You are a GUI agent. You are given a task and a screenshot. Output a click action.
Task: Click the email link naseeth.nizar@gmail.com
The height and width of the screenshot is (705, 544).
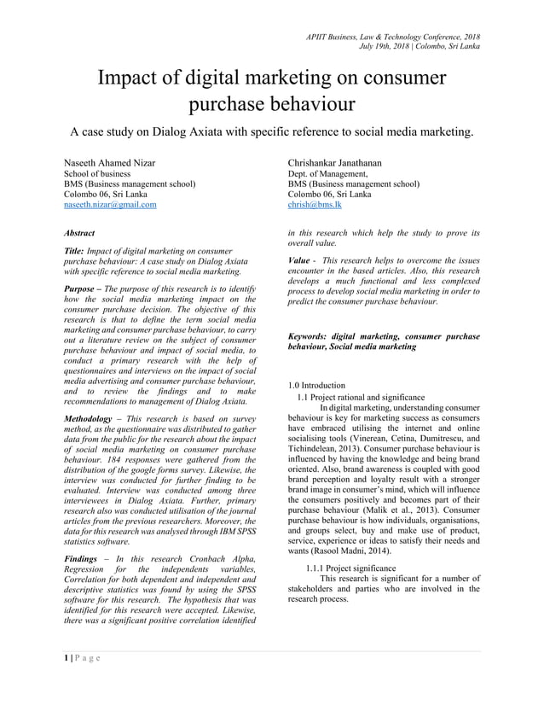(111, 205)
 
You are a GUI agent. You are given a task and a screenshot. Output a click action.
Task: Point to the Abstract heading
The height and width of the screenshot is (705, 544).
(80, 232)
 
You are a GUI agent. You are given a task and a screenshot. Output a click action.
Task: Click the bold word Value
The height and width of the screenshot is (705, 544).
(299, 259)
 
